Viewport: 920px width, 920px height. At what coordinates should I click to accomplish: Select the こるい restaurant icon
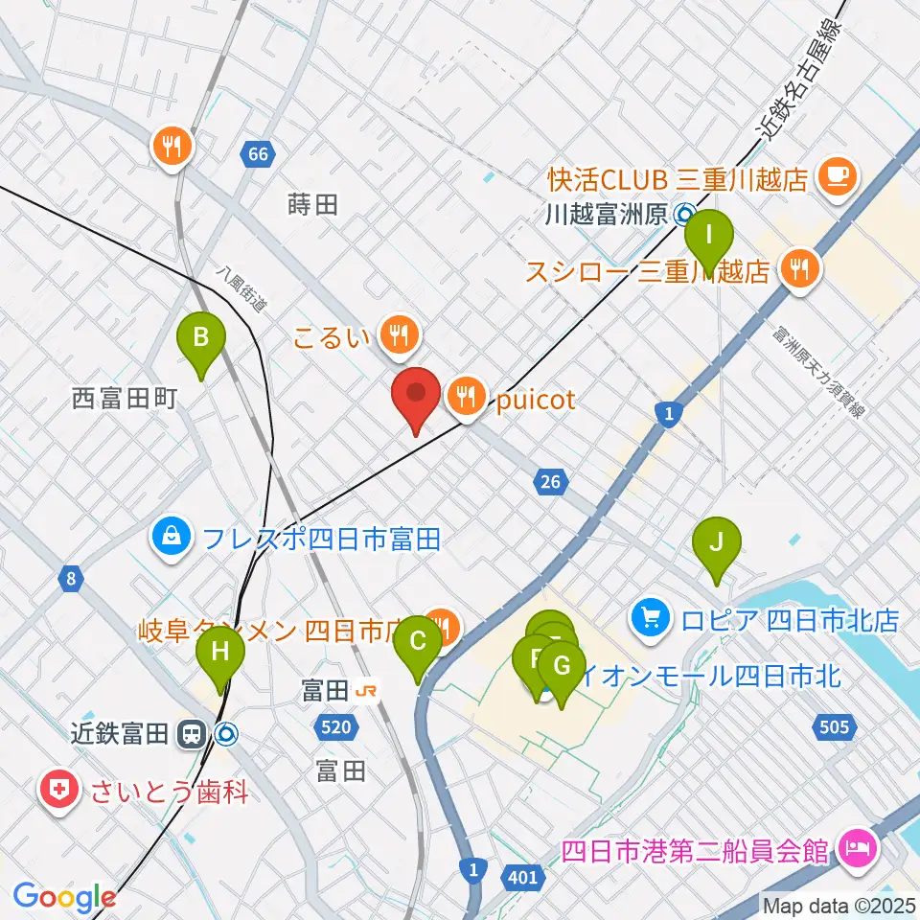[397, 334]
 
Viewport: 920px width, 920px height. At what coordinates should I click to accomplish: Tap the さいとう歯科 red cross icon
[57, 793]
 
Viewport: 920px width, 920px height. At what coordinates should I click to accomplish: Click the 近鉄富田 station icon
[191, 735]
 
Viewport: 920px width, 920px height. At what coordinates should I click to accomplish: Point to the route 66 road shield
[257, 154]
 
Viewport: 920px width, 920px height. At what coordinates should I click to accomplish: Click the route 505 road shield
[834, 727]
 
